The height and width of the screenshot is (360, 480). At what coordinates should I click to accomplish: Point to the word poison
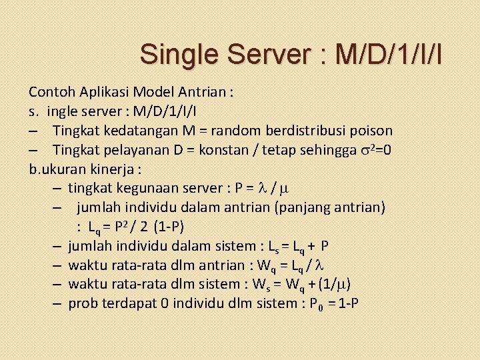[x=371, y=130]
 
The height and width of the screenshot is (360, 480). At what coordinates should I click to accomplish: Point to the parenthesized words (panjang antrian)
[x=331, y=207]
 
